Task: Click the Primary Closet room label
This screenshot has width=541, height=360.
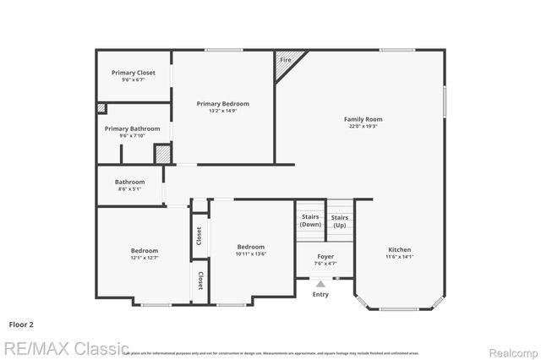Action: (x=134, y=73)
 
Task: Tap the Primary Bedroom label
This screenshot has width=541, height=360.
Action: (x=223, y=103)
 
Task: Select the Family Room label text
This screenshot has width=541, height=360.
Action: (x=363, y=119)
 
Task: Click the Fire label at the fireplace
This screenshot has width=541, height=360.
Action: (x=286, y=60)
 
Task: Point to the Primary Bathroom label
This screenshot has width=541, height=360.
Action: (x=132, y=128)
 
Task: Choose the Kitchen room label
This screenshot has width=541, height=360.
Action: (x=400, y=249)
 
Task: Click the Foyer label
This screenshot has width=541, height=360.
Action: (x=325, y=256)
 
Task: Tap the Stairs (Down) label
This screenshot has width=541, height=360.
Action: (x=310, y=221)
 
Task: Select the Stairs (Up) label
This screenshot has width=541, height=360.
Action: (x=339, y=221)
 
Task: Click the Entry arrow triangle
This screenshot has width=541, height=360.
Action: (x=320, y=285)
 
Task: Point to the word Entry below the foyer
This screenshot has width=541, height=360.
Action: (x=320, y=294)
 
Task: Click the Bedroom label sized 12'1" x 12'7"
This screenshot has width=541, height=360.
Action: (x=144, y=250)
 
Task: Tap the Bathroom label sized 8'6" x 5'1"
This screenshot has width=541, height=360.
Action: (x=130, y=182)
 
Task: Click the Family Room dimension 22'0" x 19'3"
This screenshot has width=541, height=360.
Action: (x=363, y=127)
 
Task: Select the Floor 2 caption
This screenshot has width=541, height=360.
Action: (x=21, y=324)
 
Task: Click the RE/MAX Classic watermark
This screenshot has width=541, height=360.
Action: (x=66, y=348)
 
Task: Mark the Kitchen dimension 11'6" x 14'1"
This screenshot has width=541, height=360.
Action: (x=400, y=257)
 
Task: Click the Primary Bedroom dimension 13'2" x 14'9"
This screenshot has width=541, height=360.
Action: (x=223, y=111)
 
